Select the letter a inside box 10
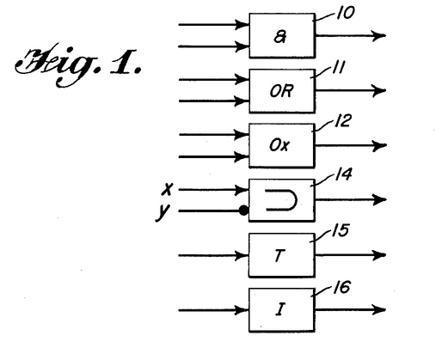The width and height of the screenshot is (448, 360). click(x=280, y=37)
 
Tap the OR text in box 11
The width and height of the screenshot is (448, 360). click(x=281, y=91)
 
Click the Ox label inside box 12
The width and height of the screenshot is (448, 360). click(x=279, y=145)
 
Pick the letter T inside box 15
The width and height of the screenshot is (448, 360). click(x=279, y=255)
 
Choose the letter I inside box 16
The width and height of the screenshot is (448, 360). click(x=280, y=309)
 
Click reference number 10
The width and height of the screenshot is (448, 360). click(x=346, y=13)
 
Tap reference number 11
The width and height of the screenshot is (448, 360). click(x=339, y=68)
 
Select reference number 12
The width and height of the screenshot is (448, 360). click(x=342, y=120)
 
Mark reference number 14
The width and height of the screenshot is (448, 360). click(x=343, y=174)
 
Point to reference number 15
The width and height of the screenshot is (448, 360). click(x=341, y=229)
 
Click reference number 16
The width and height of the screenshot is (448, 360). click(x=341, y=287)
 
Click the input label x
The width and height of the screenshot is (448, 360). click(x=168, y=189)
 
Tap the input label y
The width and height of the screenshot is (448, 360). click(x=163, y=212)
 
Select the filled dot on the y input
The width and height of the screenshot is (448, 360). click(x=243, y=211)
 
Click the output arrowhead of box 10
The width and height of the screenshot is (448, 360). click(x=379, y=35)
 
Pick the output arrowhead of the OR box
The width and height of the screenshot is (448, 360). click(x=379, y=90)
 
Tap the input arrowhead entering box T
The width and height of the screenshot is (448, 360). click(x=242, y=255)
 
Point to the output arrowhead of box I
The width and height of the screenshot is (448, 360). click(x=379, y=309)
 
